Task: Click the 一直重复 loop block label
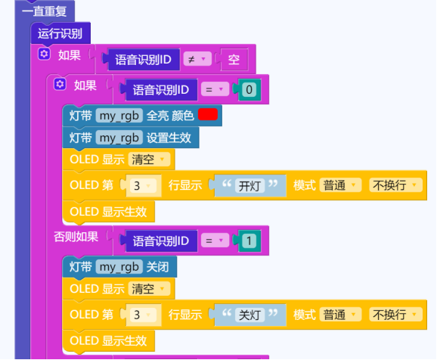click(44, 11)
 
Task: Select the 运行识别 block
click(60, 33)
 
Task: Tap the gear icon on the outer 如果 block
click(44, 54)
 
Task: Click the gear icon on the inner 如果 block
click(60, 84)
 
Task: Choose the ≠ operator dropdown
click(197, 59)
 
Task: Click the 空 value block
click(234, 60)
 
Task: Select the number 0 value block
click(249, 89)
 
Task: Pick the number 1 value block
click(249, 241)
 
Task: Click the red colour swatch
click(208, 114)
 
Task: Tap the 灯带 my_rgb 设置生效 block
click(131, 138)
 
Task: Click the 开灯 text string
click(249, 186)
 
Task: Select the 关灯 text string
click(249, 315)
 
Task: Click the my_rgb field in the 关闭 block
click(119, 267)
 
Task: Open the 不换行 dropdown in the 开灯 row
click(395, 185)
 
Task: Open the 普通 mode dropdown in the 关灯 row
click(340, 315)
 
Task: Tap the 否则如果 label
click(76, 237)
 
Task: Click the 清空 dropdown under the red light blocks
click(149, 160)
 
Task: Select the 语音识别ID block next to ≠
click(144, 60)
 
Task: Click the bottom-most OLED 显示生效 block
click(108, 341)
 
